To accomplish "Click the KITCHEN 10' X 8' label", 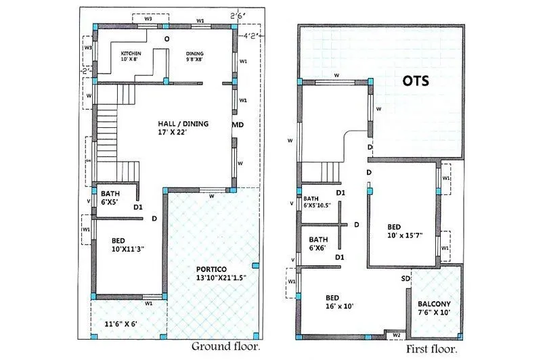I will [x=131, y=56].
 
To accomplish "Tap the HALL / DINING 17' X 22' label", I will [x=183, y=128].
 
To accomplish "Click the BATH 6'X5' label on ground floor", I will [x=110, y=197].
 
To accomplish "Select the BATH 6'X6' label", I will [x=318, y=244].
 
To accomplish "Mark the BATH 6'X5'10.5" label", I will [x=318, y=202].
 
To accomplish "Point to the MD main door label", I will [x=238, y=125].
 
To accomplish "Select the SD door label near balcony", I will [x=406, y=279].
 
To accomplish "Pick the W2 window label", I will [x=397, y=334].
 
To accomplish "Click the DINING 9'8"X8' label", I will [x=196, y=56].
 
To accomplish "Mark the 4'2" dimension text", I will [x=253, y=30].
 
